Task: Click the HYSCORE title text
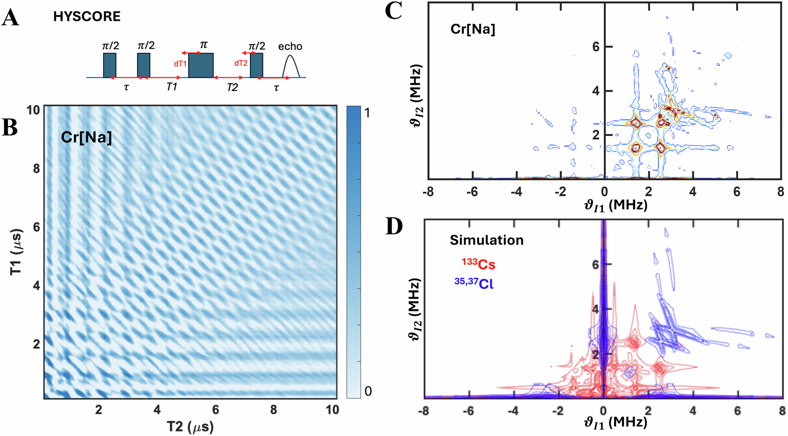click(x=87, y=17)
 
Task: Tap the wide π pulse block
click(x=200, y=65)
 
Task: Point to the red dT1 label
click(x=180, y=64)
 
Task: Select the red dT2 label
click(x=241, y=64)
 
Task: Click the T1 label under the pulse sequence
click(x=172, y=87)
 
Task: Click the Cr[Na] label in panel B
click(x=86, y=136)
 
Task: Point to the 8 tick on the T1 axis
click(x=36, y=168)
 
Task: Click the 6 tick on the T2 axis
click(x=215, y=410)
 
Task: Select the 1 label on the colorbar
click(x=367, y=113)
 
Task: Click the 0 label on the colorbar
click(x=368, y=391)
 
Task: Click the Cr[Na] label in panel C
click(x=472, y=29)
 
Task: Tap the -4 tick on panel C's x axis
click(x=516, y=192)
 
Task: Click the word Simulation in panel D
click(x=486, y=240)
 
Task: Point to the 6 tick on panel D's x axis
click(x=737, y=411)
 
